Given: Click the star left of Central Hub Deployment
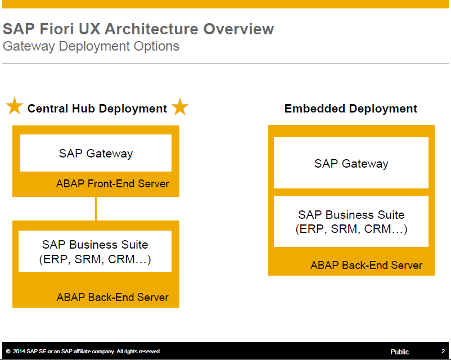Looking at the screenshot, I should pos(15,106).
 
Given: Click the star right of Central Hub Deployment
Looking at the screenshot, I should pos(180,106).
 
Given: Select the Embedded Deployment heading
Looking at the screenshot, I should pos(351,109).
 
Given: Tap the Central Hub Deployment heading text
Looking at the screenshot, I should pos(97,109).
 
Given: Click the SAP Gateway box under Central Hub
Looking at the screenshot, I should pos(96,153).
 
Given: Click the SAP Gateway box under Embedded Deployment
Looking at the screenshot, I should pos(351,164).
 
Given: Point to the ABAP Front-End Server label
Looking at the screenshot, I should pos(112,184).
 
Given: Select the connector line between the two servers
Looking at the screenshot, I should pos(96,208).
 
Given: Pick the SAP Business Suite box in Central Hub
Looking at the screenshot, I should pos(95,252).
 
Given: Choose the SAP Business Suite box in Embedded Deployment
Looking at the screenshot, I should pos(351,222).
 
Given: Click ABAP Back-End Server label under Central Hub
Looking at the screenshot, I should pos(112,298).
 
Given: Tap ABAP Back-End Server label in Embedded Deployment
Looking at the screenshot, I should pos(366,265).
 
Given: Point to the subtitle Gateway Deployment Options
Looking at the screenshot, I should pos(91,46).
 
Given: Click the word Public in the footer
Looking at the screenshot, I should pos(400,352).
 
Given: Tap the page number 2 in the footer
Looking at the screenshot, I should pos(443,352).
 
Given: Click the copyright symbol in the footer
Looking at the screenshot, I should pos(8,352).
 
